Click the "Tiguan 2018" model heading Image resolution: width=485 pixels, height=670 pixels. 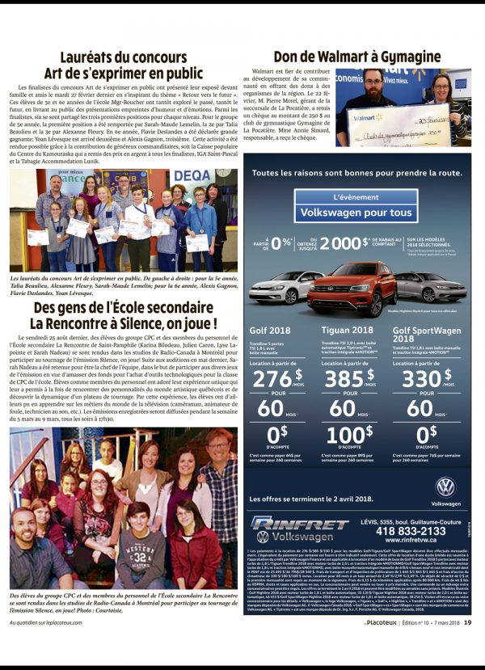pyautogui.click(x=347, y=329)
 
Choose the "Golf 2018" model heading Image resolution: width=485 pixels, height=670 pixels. pyautogui.click(x=271, y=329)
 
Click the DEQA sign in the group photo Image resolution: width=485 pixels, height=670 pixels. pyautogui.click(x=192, y=175)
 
